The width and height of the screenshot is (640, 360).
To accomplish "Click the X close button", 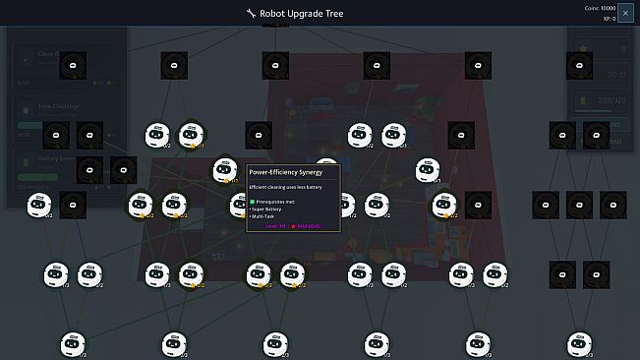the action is [x=625, y=13].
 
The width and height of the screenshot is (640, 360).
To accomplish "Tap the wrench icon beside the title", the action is [x=251, y=14].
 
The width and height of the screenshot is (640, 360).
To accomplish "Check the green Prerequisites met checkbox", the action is [x=253, y=201].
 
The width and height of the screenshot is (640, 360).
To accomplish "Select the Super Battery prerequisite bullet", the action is [x=268, y=209].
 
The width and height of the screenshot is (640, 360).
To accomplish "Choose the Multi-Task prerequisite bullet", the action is [x=265, y=216].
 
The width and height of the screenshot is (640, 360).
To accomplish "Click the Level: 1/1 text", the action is [x=274, y=226].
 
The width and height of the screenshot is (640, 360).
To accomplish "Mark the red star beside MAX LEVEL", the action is [x=293, y=226].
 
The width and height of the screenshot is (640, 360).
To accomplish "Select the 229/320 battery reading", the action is [x=611, y=100].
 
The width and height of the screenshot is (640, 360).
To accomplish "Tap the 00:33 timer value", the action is [x=617, y=74].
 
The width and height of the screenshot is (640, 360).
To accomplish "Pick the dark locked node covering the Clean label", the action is [x=71, y=65].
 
